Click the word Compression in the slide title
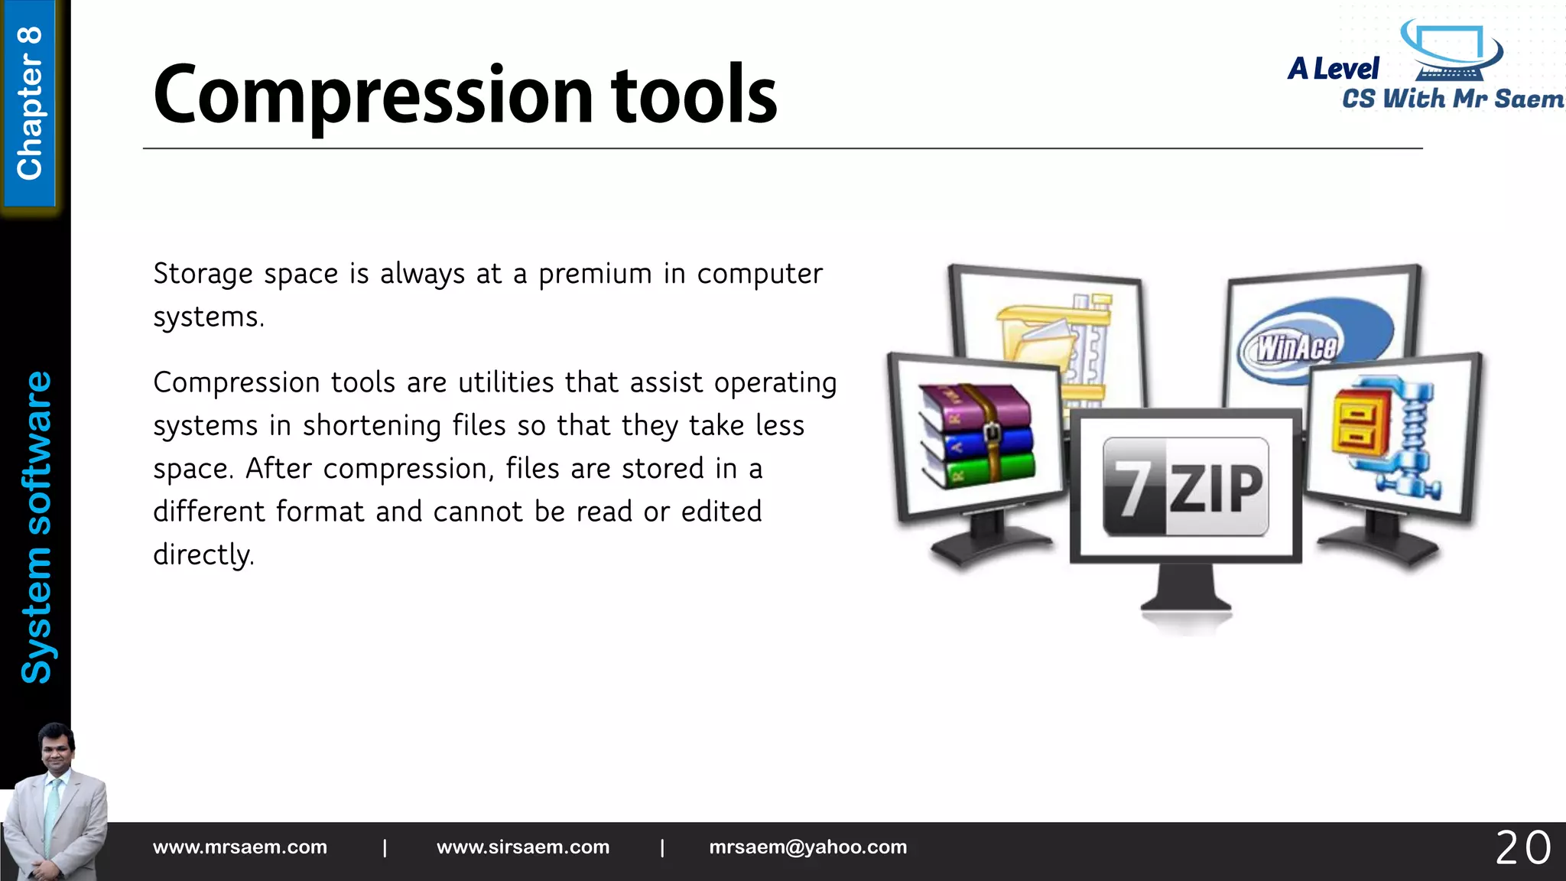tap(373, 96)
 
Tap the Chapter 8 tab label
tap(30, 103)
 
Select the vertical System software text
tap(36, 528)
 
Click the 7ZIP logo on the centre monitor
tap(1185, 486)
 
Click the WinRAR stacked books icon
tap(976, 436)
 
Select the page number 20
tap(1522, 848)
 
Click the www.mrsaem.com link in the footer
tap(239, 847)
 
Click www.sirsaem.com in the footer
tap(523, 847)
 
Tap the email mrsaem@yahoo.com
tap(807, 847)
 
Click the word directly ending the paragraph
tap(203, 555)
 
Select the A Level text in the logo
tap(1334, 69)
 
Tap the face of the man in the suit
tap(57, 753)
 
